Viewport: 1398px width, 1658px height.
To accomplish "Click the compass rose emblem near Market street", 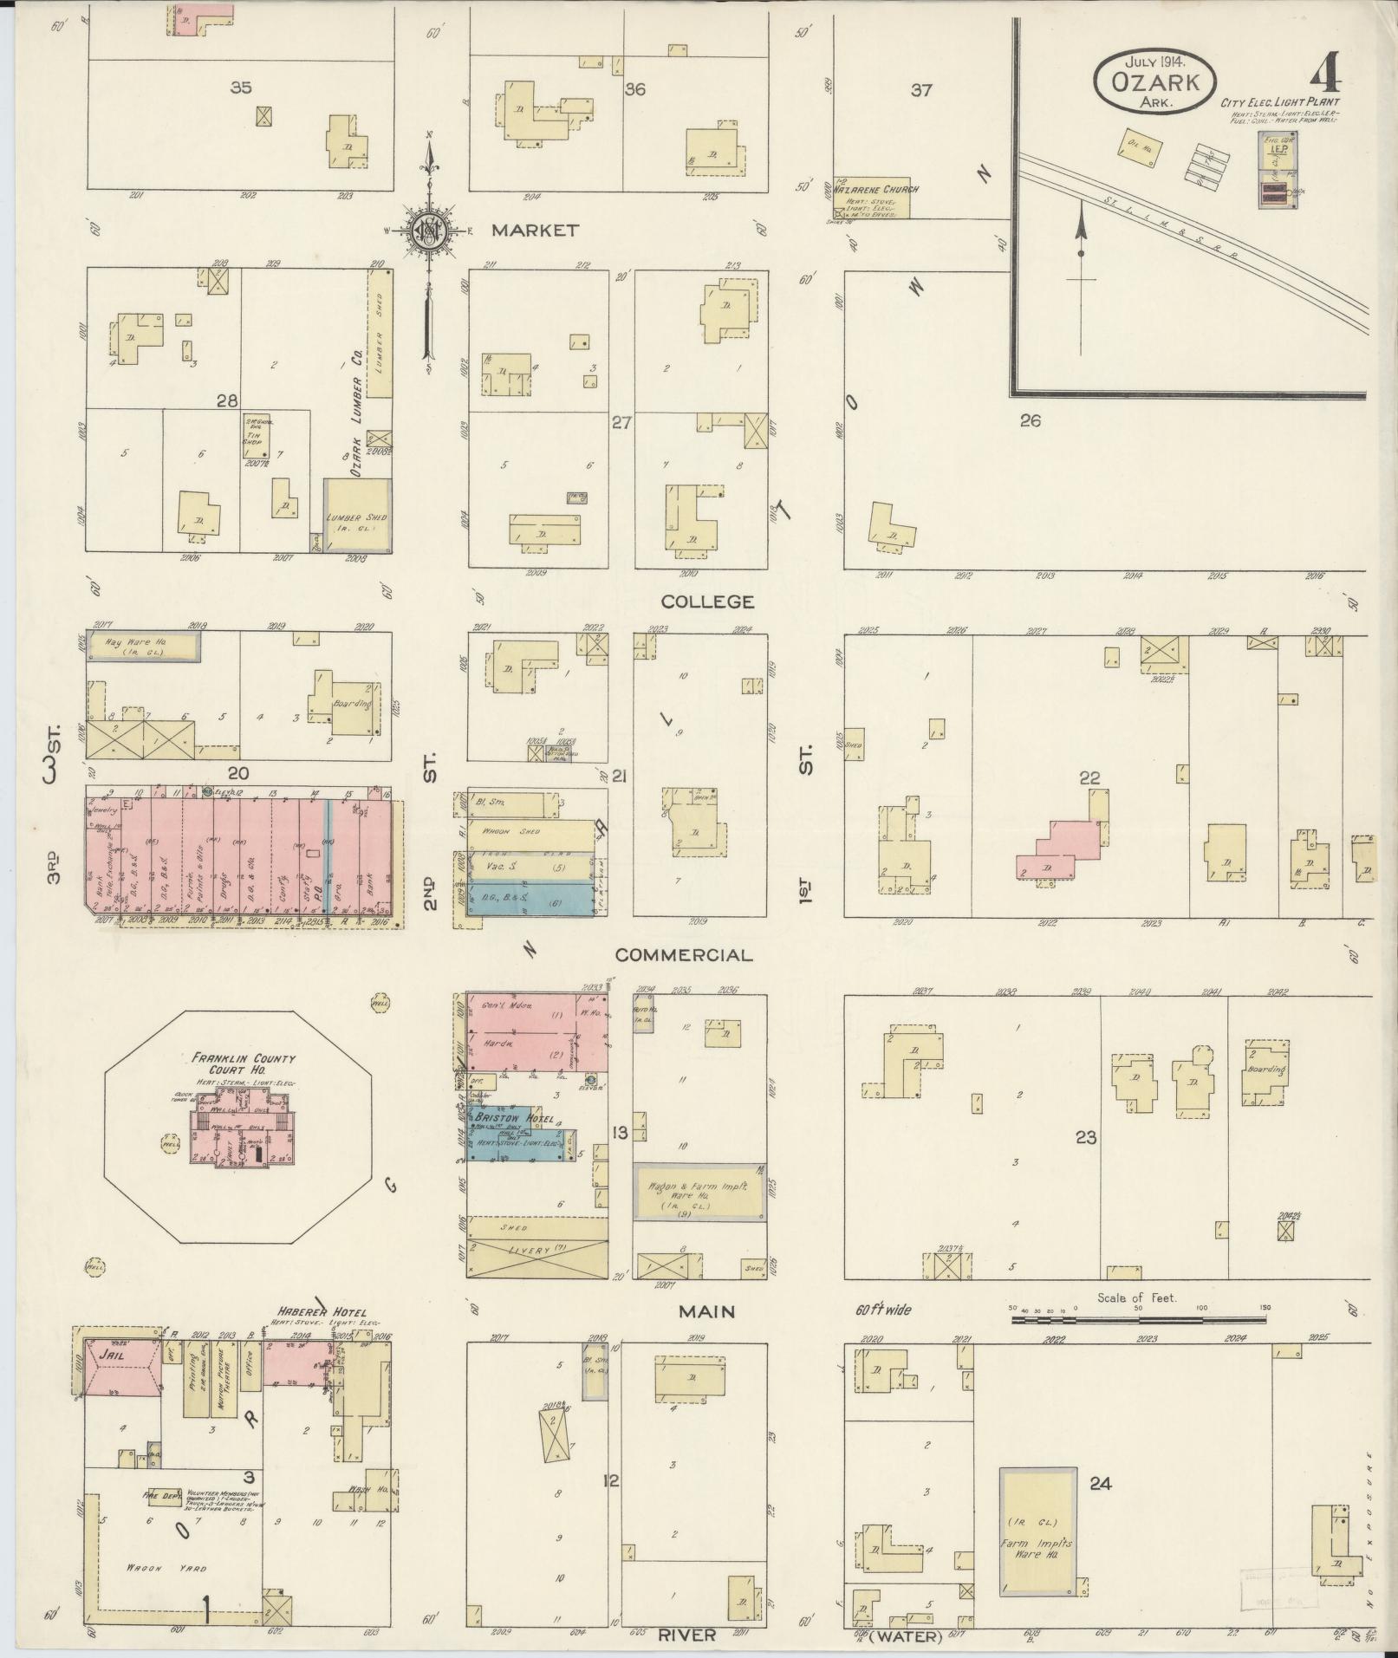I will click(x=428, y=229).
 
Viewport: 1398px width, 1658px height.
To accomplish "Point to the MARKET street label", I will click(x=534, y=231).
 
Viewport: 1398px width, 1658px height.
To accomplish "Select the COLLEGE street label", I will click(x=707, y=601).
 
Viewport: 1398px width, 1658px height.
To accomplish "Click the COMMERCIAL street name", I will click(x=683, y=955).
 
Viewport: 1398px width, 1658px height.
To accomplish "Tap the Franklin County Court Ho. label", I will click(x=244, y=1063).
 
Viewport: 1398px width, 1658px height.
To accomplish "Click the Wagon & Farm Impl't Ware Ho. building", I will click(x=699, y=1192).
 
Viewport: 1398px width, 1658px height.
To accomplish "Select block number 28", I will click(x=227, y=400).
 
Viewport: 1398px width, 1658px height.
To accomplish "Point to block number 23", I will click(x=1086, y=1137).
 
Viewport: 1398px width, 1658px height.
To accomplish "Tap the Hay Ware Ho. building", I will click(x=143, y=646).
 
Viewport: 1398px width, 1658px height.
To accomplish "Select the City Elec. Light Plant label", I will click(x=1280, y=102).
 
